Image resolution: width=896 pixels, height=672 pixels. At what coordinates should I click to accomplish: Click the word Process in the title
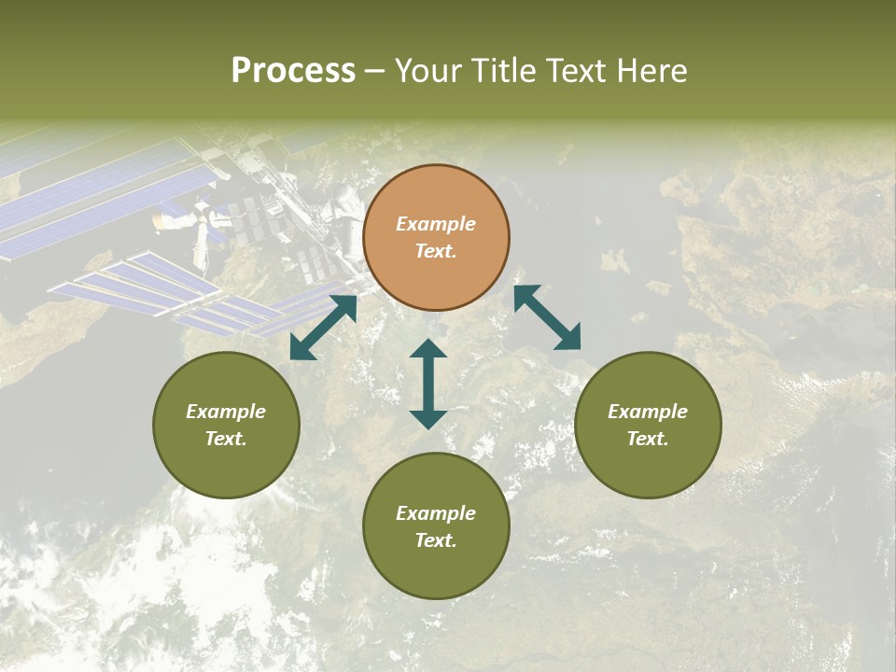pyautogui.click(x=293, y=71)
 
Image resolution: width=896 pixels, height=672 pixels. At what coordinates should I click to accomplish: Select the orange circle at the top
pyautogui.click(x=436, y=238)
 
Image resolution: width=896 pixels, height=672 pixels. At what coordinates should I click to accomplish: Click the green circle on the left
pyautogui.click(x=226, y=425)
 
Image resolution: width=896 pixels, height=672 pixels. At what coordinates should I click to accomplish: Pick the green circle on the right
pyautogui.click(x=648, y=425)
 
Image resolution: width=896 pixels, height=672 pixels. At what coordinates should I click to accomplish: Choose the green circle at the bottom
pyautogui.click(x=436, y=526)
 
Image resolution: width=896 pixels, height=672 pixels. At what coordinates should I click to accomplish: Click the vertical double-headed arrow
pyautogui.click(x=428, y=384)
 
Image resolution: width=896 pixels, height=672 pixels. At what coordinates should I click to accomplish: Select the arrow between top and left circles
pyautogui.click(x=323, y=328)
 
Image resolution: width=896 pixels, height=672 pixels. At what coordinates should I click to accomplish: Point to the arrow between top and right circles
pyautogui.click(x=548, y=317)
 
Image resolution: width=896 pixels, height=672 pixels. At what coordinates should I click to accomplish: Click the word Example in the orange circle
pyautogui.click(x=436, y=224)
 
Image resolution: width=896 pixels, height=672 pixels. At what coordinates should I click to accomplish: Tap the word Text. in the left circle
pyautogui.click(x=226, y=439)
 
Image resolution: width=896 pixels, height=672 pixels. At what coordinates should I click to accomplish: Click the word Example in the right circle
pyautogui.click(x=648, y=412)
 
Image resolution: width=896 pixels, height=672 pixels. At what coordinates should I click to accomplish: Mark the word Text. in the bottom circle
pyautogui.click(x=436, y=540)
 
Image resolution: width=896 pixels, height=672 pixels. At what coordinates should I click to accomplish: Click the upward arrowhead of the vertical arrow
pyautogui.click(x=428, y=348)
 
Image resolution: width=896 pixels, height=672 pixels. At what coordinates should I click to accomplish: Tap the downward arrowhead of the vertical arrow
pyautogui.click(x=428, y=419)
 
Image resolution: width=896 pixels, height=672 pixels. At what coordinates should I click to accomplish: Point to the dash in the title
pyautogui.click(x=375, y=72)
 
